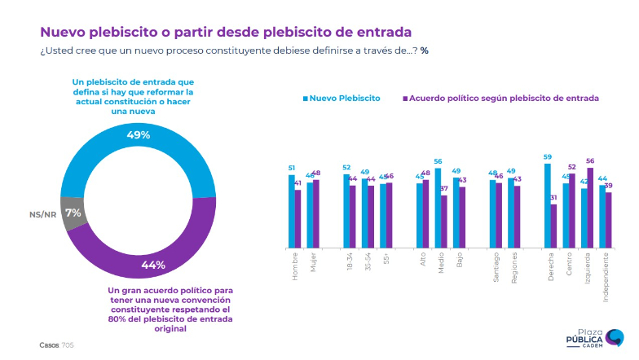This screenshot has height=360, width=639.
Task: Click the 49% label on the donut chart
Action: pyautogui.click(x=138, y=134)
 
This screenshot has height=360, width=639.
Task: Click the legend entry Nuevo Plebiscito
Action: pyautogui.click(x=342, y=98)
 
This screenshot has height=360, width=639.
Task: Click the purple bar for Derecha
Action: pyautogui.click(x=554, y=226)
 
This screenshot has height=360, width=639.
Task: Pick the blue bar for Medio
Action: pyautogui.click(x=438, y=208)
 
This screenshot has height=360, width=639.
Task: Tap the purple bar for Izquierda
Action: pyautogui.click(x=590, y=208)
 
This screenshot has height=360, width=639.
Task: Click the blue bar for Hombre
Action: pyautogui.click(x=291, y=211)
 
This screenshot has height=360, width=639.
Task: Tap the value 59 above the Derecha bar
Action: pyautogui.click(x=548, y=157)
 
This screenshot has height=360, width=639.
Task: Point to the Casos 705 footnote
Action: pyautogui.click(x=56, y=345)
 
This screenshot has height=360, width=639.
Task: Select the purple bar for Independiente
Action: pyautogui.click(x=608, y=220)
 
